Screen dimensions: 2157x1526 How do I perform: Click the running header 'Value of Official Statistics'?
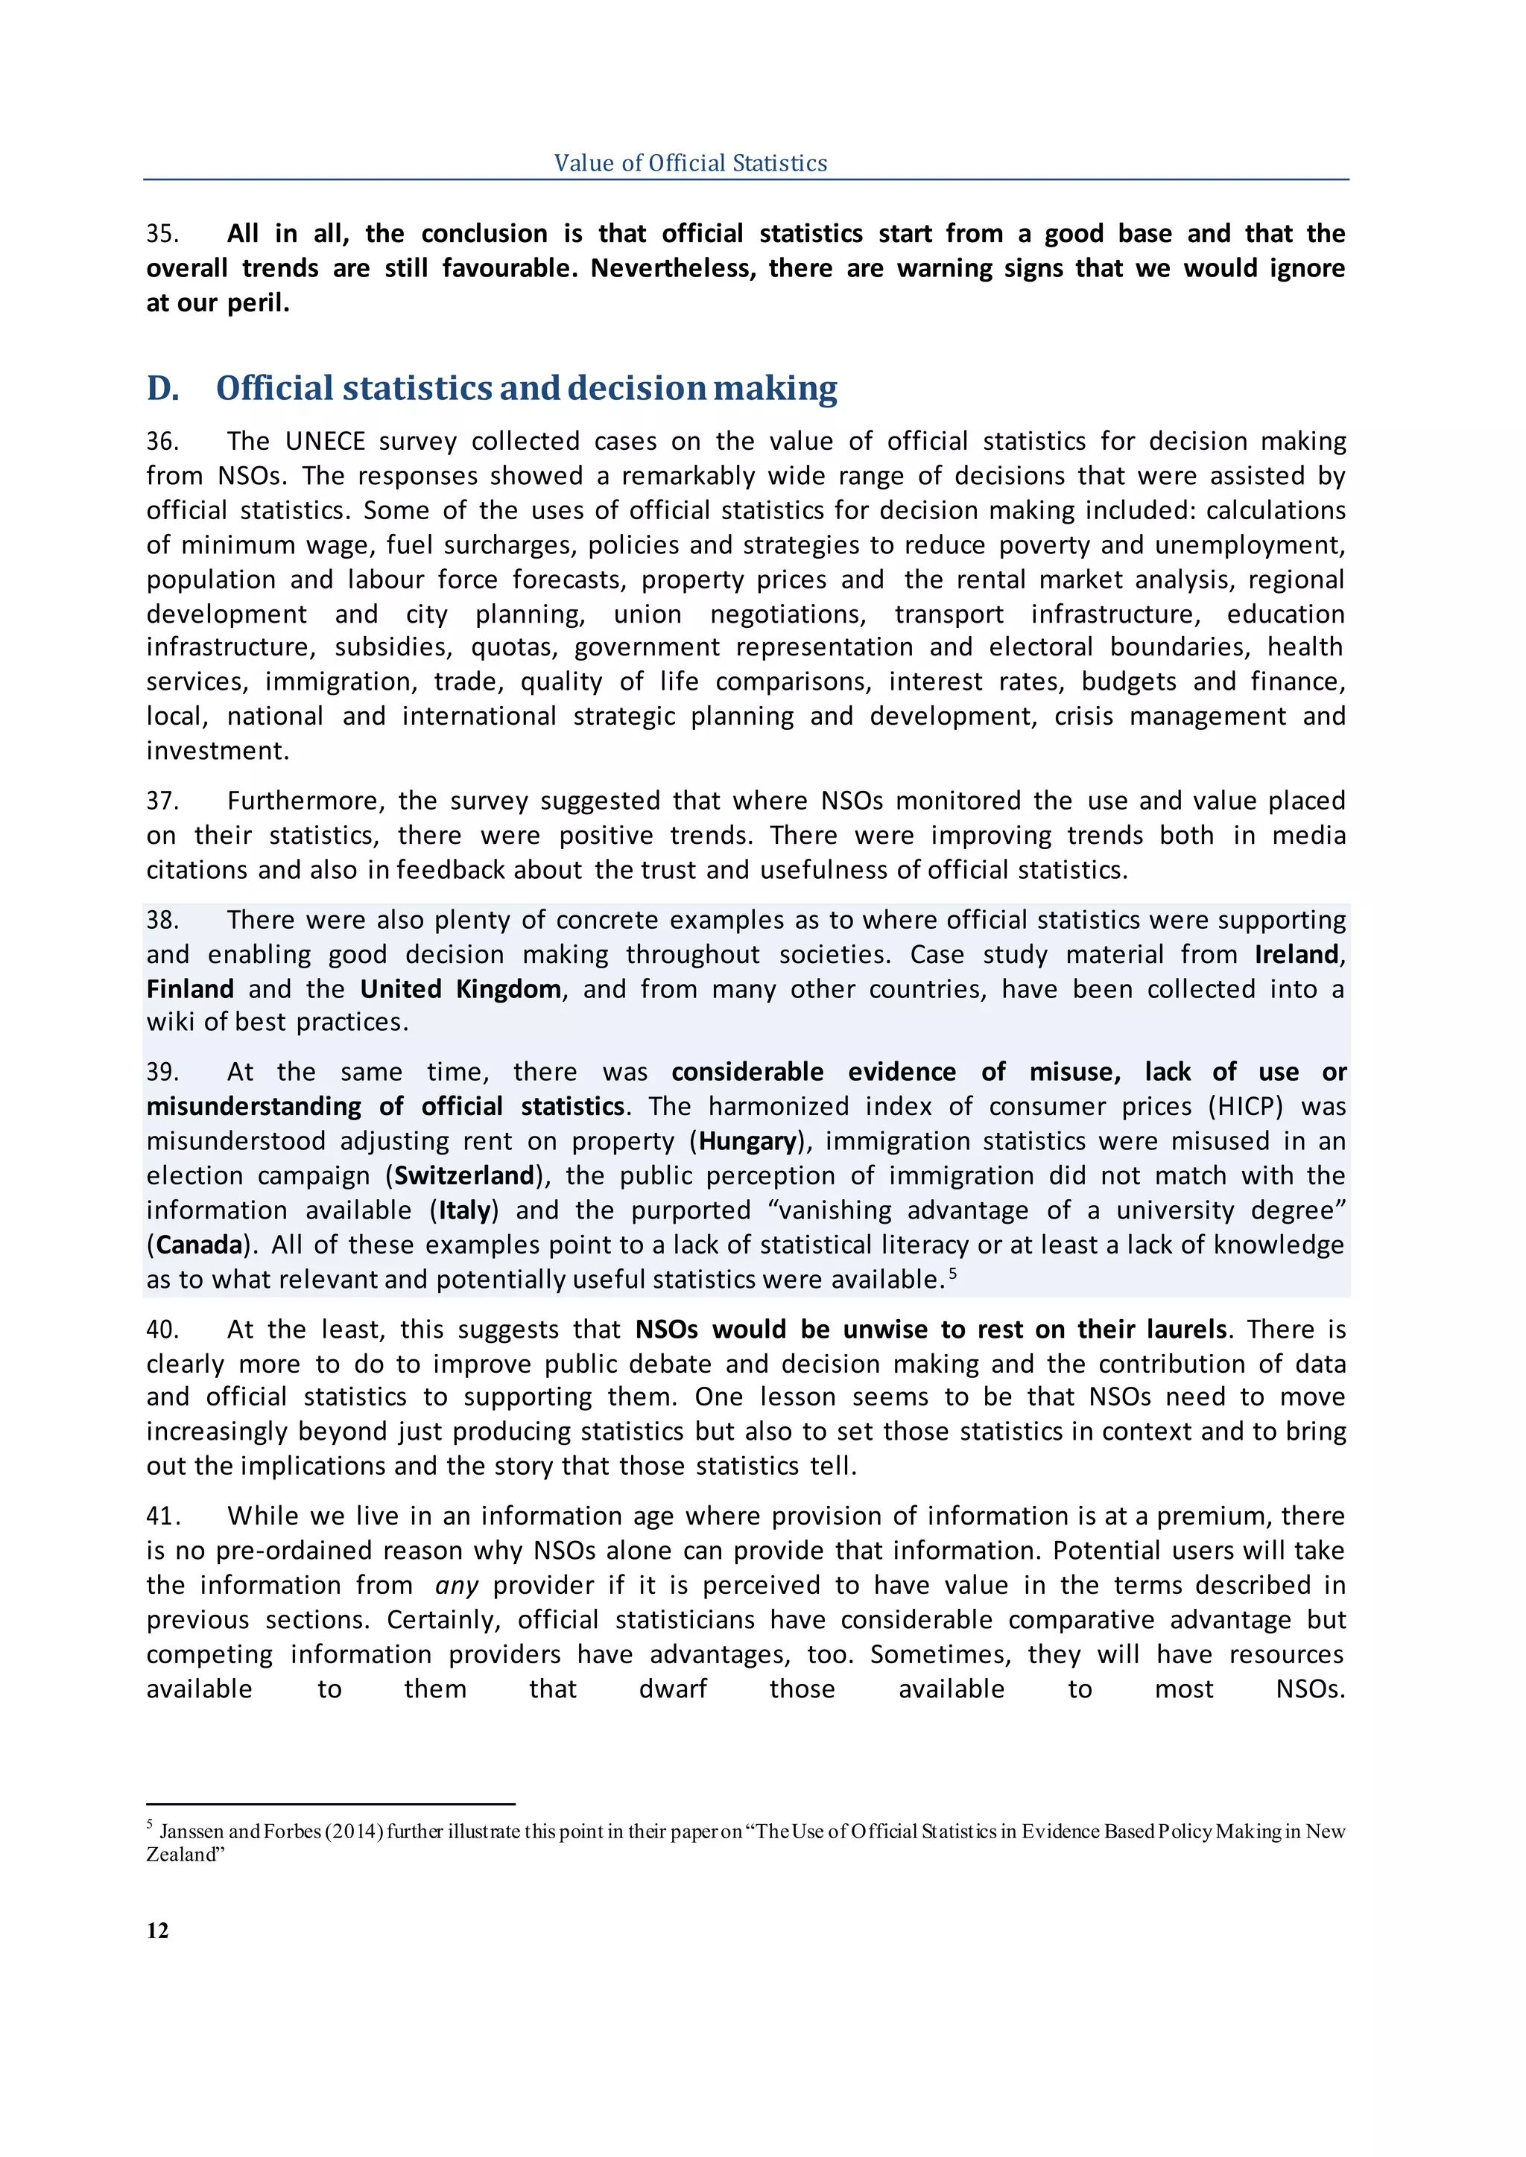click(x=690, y=162)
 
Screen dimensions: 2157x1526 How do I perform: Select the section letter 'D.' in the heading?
click(x=162, y=388)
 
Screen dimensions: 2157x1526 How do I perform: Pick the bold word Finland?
click(x=190, y=989)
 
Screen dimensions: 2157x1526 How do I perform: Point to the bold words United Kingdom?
click(x=460, y=989)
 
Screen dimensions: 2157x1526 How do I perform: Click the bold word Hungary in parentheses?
click(x=747, y=1142)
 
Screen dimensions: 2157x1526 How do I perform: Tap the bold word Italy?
click(x=464, y=1211)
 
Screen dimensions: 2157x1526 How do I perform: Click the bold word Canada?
click(x=199, y=1246)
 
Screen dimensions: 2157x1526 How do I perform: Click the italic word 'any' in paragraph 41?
click(x=457, y=1586)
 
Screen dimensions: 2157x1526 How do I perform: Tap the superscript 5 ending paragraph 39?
click(x=953, y=1273)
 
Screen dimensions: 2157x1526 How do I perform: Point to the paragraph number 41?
click(x=162, y=1516)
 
